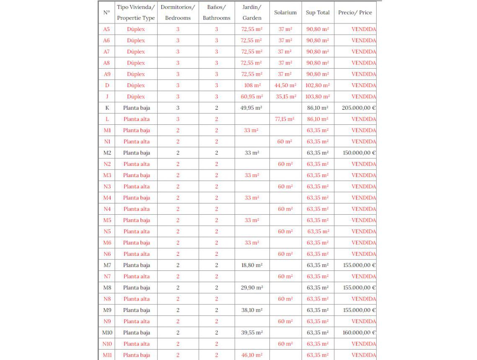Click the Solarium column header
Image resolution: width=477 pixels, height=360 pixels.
285,13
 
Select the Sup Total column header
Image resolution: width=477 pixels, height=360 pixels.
318,13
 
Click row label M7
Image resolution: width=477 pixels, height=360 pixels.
107,265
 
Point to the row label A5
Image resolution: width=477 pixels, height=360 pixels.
107,29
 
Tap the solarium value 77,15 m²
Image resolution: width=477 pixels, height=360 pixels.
285,119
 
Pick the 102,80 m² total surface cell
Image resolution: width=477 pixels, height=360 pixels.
318,85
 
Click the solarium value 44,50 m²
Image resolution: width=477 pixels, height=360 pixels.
285,85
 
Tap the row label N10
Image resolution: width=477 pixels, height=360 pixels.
107,344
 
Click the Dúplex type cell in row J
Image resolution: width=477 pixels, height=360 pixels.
136,97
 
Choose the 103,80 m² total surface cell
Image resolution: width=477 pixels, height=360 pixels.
318,97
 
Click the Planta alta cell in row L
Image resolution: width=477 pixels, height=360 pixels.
136,119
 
